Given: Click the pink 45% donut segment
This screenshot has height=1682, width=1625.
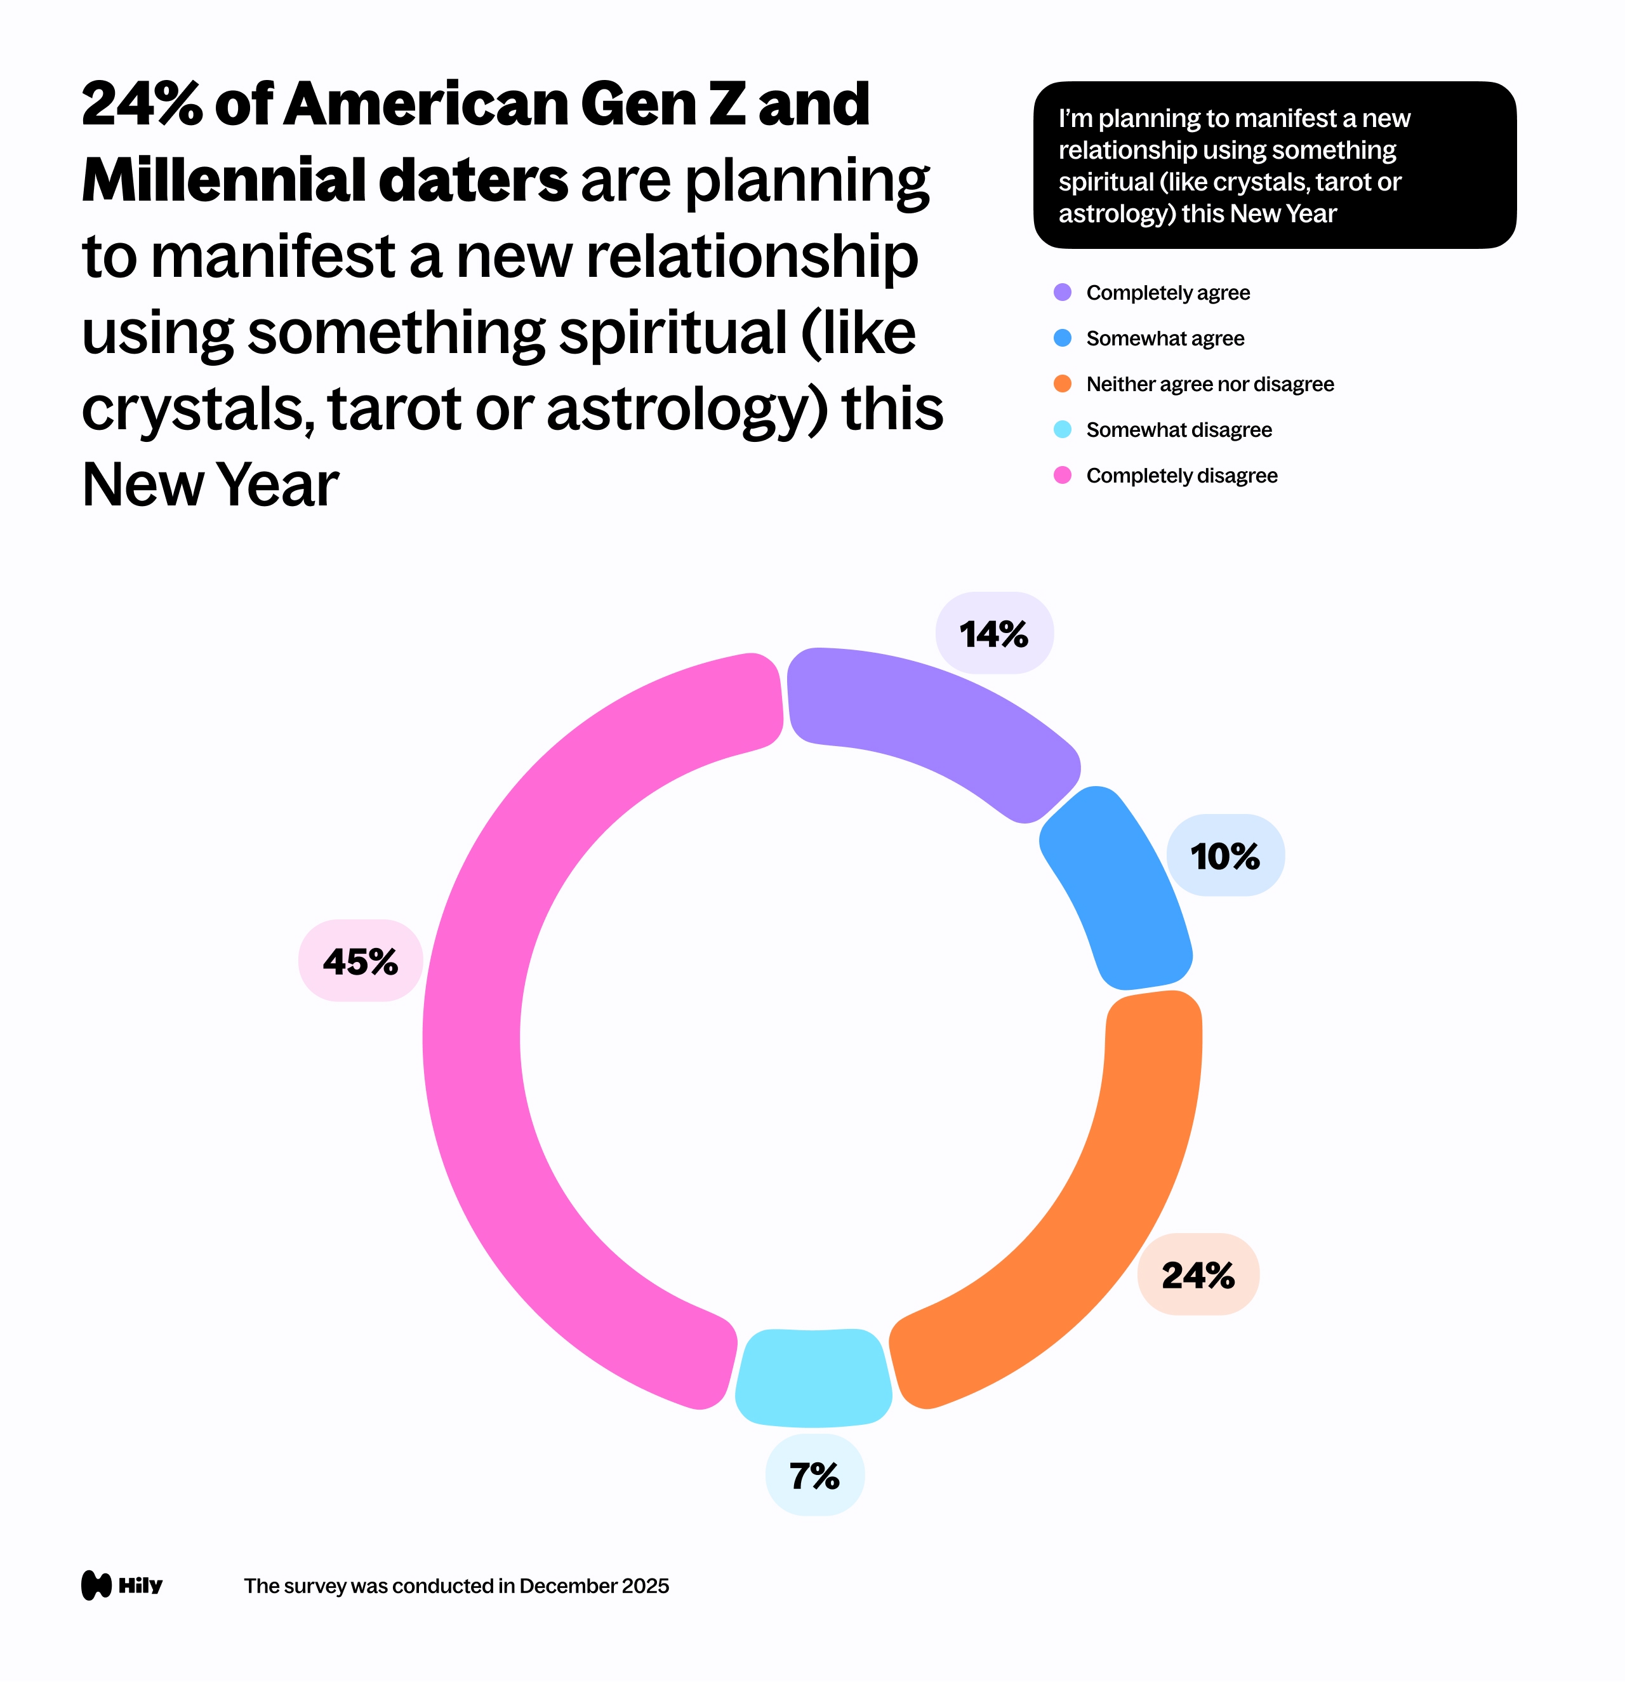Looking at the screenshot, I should pos(481,1030).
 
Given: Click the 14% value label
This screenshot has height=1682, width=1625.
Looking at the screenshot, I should pos(993,634).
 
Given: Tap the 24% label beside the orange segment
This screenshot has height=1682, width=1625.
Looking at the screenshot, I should pos(1198,1275).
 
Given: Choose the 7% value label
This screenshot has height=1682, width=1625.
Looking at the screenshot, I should pos(814,1476).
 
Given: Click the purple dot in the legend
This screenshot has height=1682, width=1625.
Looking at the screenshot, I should pos(1062,293).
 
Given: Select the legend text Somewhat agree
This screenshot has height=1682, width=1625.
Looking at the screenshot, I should pos(1164,339).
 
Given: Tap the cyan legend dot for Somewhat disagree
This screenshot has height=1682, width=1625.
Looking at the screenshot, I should pos(1062,430).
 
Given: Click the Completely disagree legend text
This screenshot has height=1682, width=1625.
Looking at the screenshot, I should pos(1181,476).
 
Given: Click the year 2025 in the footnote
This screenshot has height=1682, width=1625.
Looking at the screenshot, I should pos(645,1586).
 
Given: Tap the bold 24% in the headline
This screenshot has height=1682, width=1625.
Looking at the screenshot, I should pos(142,105).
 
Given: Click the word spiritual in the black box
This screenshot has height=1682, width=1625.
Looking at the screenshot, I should pos(1106,182).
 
